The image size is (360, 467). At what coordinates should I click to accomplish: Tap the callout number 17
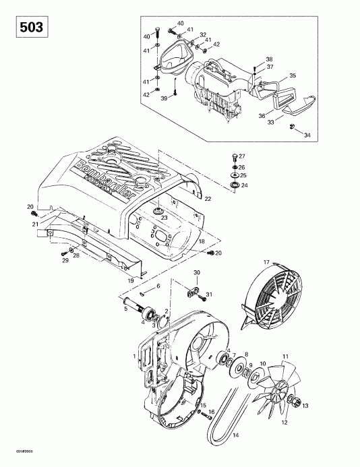point(266,262)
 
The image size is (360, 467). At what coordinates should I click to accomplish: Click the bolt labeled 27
point(234,156)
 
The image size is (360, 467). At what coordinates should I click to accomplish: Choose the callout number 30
point(198,273)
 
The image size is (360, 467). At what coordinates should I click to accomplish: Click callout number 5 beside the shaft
point(125,309)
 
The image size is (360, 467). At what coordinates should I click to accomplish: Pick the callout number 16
point(210,413)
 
